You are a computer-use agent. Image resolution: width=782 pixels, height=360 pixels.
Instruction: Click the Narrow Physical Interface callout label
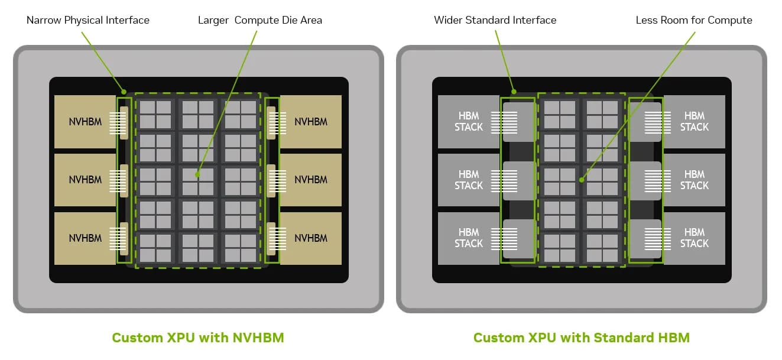(88, 20)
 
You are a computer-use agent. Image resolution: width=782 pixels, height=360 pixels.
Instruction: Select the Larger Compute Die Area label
(260, 20)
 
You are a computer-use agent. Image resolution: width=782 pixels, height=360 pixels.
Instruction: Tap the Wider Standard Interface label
(495, 20)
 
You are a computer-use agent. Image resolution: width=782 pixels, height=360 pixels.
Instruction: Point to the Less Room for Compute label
(694, 20)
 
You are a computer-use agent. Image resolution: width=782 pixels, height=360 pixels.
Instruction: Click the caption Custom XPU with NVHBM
(198, 338)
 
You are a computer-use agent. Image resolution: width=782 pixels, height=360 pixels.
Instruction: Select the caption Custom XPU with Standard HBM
(582, 338)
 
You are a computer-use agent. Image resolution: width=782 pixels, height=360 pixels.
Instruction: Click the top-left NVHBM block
(85, 122)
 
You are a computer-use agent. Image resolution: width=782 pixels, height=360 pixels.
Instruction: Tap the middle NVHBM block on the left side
(85, 180)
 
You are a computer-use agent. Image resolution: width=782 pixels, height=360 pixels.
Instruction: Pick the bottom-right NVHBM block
(311, 238)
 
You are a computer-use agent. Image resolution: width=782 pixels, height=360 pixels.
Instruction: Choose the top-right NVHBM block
(311, 122)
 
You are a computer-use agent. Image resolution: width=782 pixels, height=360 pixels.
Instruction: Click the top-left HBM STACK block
(469, 122)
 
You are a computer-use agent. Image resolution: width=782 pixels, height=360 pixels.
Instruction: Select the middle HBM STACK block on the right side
(695, 180)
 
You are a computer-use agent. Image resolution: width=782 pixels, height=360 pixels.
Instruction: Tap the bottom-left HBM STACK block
(469, 238)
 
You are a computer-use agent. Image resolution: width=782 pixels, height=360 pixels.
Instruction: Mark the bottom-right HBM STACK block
(695, 238)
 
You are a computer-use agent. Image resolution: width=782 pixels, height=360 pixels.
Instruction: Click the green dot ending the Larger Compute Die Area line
(197, 174)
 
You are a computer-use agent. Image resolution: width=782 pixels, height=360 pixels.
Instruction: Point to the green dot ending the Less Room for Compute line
(582, 180)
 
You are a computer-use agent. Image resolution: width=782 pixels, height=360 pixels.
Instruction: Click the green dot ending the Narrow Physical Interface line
(124, 92)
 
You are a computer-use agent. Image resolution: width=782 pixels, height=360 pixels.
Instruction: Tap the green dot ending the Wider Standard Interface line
(514, 92)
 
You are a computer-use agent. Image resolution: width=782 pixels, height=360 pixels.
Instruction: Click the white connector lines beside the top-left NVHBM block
(118, 123)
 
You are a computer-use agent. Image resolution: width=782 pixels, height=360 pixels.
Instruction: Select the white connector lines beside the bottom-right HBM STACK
(658, 239)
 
